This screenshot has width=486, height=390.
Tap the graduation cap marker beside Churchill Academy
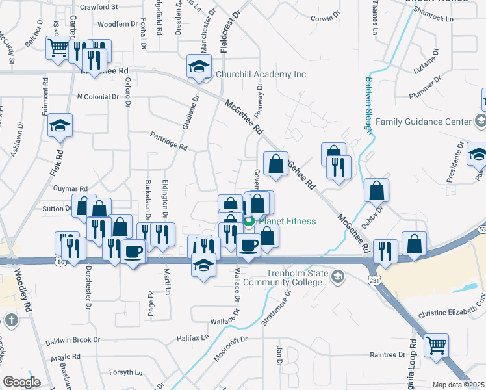pyautogui.click(x=199, y=66)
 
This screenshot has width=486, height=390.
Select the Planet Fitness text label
pyautogui.click(x=288, y=221)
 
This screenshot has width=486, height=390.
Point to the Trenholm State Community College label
pyautogui.click(x=296, y=278)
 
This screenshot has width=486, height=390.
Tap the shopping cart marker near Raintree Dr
pyautogui.click(x=436, y=345)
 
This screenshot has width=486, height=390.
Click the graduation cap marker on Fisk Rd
pyautogui.click(x=60, y=126)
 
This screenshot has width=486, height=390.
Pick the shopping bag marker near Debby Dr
pyautogui.click(x=376, y=191)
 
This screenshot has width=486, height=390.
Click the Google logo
pyautogui.click(x=21, y=382)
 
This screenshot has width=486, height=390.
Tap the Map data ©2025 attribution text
pyautogui.click(x=457, y=385)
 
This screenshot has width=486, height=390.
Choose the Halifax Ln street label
pyautogui.click(x=193, y=339)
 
